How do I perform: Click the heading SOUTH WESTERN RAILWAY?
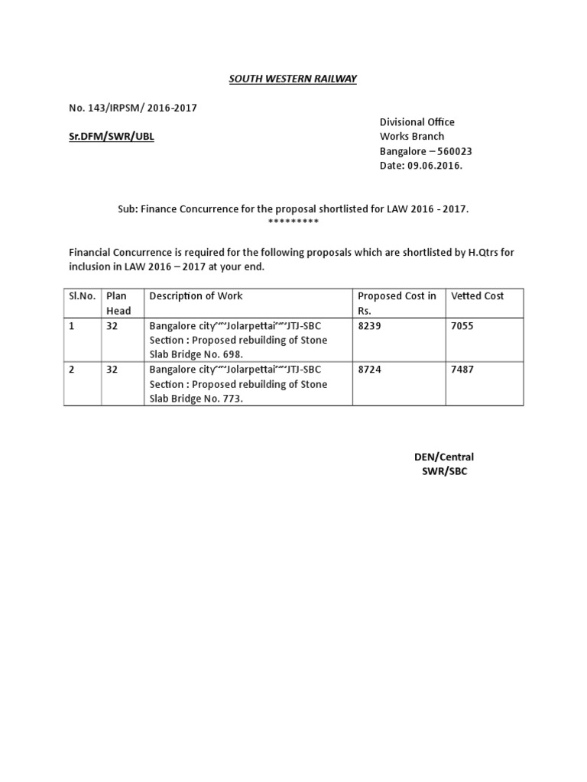point(294,79)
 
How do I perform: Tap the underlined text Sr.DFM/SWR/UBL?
point(112,137)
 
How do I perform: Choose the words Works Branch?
point(412,137)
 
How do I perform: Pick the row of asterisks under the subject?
point(293,221)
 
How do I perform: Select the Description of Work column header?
point(196,296)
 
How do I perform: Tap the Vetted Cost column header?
point(478,296)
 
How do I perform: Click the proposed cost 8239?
point(369,325)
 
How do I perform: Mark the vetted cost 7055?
point(463,325)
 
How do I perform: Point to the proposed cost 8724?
point(369,370)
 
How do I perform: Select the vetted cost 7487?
point(463,370)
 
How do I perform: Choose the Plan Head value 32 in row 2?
point(112,370)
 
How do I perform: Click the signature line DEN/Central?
point(444,457)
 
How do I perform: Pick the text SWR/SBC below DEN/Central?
point(444,471)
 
